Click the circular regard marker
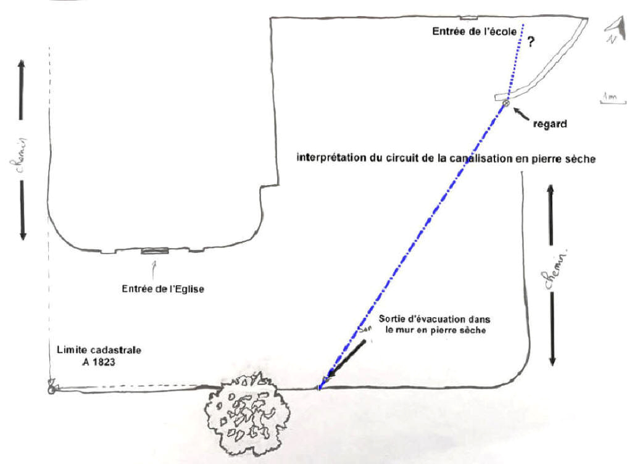tap(506, 103)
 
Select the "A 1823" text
tap(99, 363)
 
